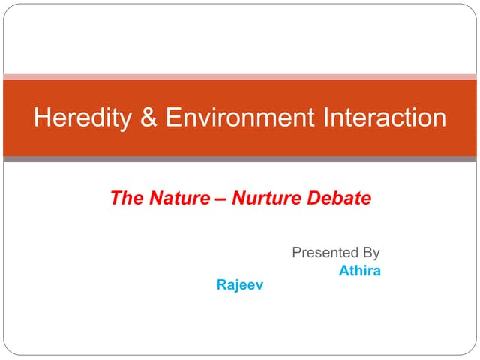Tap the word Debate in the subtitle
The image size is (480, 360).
coord(340,199)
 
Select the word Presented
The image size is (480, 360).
coord(325,253)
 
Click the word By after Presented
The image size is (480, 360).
coord(370,253)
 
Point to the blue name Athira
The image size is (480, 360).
coord(360,270)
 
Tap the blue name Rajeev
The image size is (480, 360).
coord(240,286)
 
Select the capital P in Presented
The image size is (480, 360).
coord(296,253)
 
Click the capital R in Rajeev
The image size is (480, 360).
coord(220,286)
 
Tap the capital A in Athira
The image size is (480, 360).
coord(344,270)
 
